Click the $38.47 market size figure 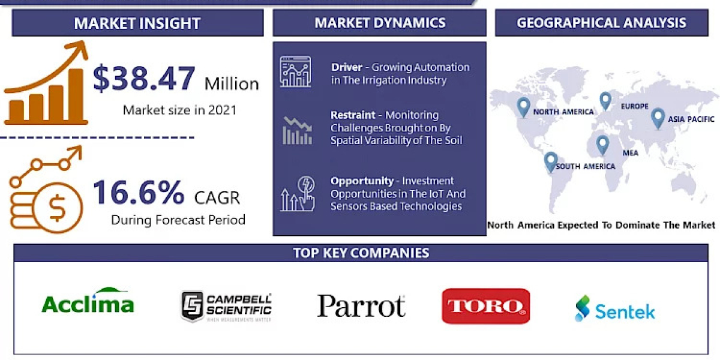[144, 79]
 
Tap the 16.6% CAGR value [139, 193]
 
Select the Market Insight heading [137, 23]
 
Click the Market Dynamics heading [380, 23]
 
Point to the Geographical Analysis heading [601, 23]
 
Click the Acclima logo [88, 301]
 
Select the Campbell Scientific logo [226, 307]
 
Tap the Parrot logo [361, 306]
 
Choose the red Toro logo [485, 306]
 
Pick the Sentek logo [614, 308]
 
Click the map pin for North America [523, 107]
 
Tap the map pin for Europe [605, 100]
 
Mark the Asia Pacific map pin [658, 118]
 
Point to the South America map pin [550, 161]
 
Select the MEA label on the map [630, 153]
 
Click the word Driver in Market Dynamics [346, 67]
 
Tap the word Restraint [353, 115]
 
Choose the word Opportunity [362, 181]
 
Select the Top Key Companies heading [361, 253]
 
